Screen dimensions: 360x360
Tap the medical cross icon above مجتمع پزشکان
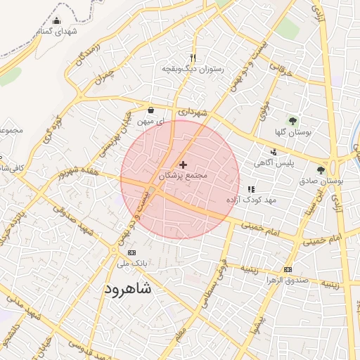(184, 164)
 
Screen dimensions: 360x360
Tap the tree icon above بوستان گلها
(293, 121)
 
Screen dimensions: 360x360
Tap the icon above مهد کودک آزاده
(252, 189)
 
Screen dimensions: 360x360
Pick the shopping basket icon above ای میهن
(151, 110)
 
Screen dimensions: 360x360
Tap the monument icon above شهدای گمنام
(57, 20)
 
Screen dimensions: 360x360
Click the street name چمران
(103, 75)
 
